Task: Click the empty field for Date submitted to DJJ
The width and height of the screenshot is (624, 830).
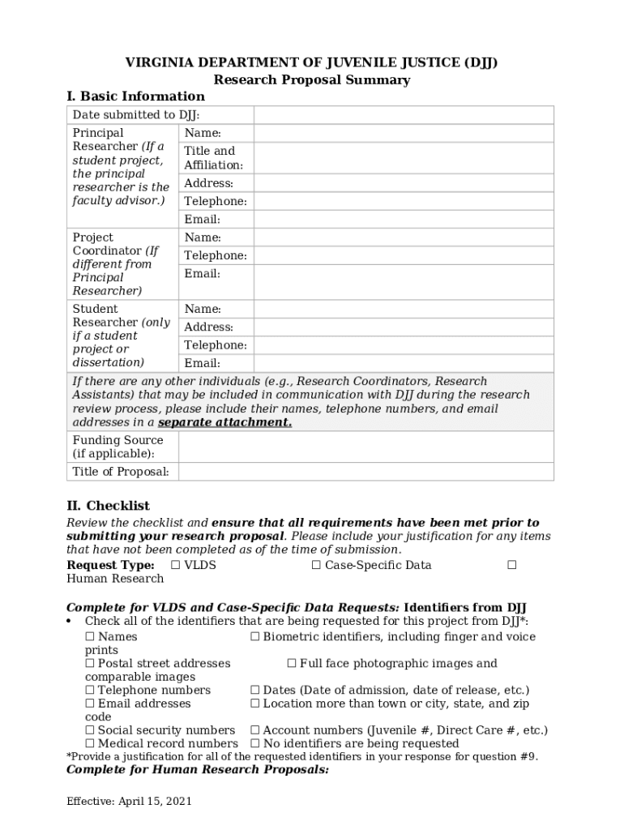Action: click(x=403, y=115)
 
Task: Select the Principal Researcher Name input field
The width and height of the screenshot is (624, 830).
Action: click(x=403, y=133)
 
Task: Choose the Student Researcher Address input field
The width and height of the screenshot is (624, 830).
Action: click(x=403, y=327)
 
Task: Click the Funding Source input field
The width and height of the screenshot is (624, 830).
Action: click(x=365, y=447)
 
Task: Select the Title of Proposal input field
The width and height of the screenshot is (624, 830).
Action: click(x=365, y=472)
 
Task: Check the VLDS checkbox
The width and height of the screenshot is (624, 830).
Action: click(x=176, y=565)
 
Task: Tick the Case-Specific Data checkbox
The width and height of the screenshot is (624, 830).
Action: click(x=316, y=565)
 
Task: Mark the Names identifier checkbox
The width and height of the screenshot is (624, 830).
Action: click(x=90, y=637)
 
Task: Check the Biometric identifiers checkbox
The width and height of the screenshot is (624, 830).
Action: click(x=255, y=637)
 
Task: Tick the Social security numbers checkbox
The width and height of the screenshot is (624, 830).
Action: click(x=90, y=730)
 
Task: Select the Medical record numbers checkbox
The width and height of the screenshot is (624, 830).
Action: click(x=90, y=743)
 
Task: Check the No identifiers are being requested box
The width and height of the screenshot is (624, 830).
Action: click(x=255, y=743)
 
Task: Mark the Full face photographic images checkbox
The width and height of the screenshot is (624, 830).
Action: click(x=292, y=664)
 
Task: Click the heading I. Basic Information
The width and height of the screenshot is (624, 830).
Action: click(x=135, y=96)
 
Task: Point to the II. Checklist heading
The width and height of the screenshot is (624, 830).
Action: click(x=108, y=506)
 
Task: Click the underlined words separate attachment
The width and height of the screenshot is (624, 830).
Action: click(x=224, y=422)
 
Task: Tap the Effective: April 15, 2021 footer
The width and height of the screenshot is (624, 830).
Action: click(x=129, y=802)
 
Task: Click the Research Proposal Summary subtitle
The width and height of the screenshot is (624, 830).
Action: click(x=311, y=79)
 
